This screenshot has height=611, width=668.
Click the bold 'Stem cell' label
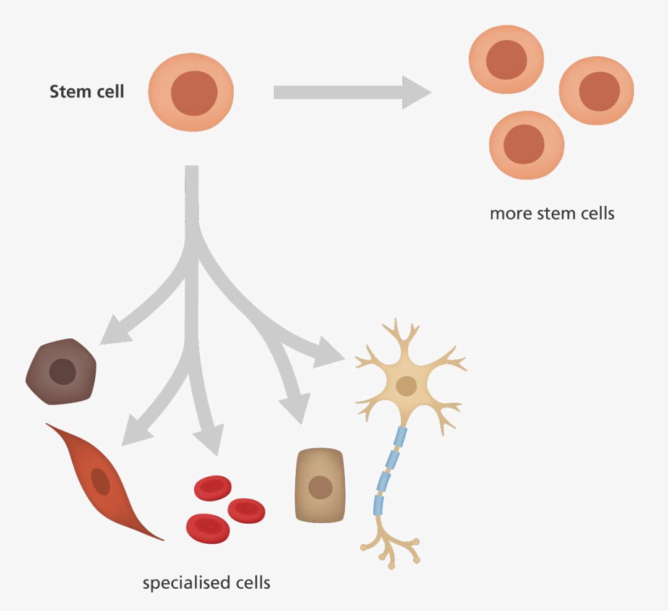point(87,92)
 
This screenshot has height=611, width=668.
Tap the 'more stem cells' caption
point(552,213)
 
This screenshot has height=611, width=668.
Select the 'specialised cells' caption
point(206,583)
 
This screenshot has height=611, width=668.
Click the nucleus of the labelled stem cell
point(194,93)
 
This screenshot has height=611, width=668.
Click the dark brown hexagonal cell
point(61,372)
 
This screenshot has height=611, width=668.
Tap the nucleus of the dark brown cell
point(62,372)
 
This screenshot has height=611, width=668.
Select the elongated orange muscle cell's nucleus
point(101,482)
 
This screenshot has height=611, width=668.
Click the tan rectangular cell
point(320,485)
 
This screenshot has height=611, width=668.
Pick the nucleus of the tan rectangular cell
point(320,487)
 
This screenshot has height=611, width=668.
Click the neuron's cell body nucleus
point(406,386)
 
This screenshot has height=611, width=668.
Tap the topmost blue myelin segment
point(400,437)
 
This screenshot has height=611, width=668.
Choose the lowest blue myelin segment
point(379,505)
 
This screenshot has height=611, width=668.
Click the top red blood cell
point(213,488)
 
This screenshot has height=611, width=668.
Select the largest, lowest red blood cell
point(208,529)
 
